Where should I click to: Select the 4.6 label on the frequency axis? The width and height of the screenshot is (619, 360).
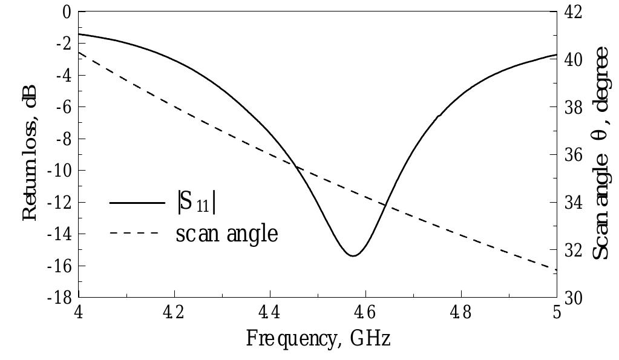pos(365,315)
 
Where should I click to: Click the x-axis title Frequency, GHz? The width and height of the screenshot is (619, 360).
pos(318,338)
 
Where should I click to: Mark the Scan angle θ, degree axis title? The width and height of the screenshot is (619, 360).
pos(600,154)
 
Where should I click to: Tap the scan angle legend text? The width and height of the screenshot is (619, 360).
pos(227,234)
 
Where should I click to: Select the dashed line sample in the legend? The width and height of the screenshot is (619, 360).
pos(134,234)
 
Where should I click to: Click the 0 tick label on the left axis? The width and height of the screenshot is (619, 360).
pos(67,12)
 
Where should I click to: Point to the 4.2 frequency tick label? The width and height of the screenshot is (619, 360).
pos(174,315)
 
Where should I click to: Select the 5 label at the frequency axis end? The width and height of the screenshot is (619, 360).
pos(557,315)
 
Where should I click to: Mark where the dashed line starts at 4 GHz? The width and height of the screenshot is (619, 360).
pos(80,53)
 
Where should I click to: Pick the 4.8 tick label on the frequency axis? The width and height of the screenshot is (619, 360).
pos(461,315)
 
